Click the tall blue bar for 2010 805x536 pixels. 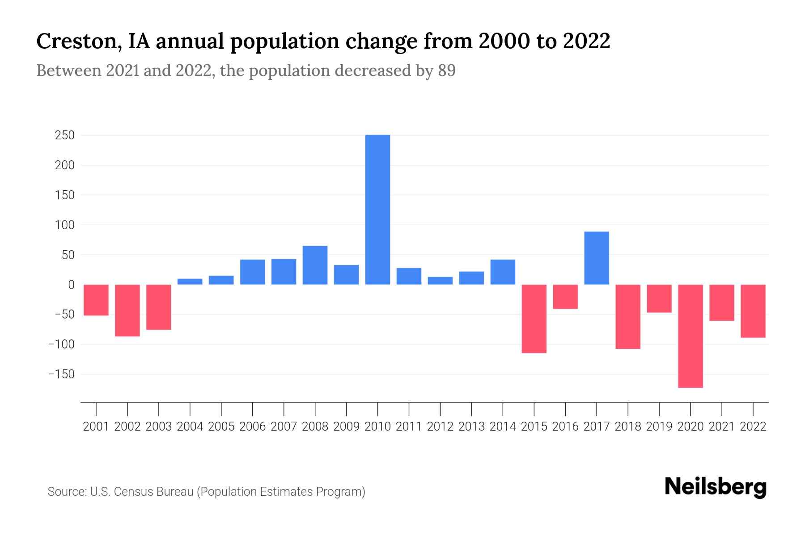(377, 209)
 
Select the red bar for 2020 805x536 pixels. (691, 336)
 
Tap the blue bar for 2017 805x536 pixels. (597, 258)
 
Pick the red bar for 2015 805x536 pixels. (534, 318)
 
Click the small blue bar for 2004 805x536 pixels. (190, 281)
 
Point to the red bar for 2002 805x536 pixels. (127, 310)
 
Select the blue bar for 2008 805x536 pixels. (315, 265)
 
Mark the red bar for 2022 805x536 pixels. (753, 311)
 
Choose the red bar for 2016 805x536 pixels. (565, 297)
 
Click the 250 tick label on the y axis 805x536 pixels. (64, 135)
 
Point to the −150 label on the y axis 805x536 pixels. (61, 374)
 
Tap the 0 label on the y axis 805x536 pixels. (71, 285)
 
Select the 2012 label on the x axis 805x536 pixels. (440, 427)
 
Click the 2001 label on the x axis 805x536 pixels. (96, 427)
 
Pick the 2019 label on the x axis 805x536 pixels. (659, 427)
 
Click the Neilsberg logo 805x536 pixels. (716, 487)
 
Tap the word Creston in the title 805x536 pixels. (77, 42)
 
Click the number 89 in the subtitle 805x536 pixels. (446, 71)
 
